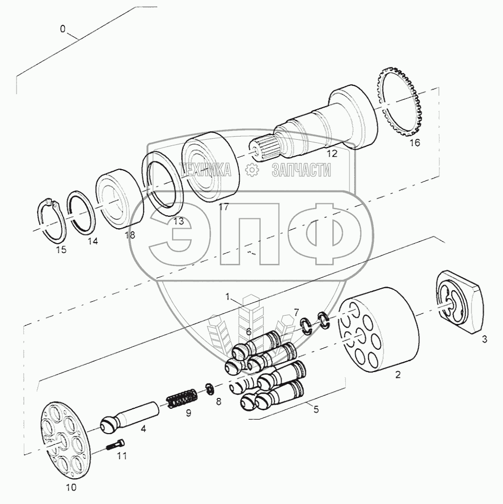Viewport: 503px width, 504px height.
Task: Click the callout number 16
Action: [415, 142]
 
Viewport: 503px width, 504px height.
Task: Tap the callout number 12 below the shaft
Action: [332, 154]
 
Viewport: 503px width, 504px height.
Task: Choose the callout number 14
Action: [93, 241]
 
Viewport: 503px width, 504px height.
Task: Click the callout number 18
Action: [130, 235]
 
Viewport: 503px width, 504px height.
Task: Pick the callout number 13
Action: [178, 221]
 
